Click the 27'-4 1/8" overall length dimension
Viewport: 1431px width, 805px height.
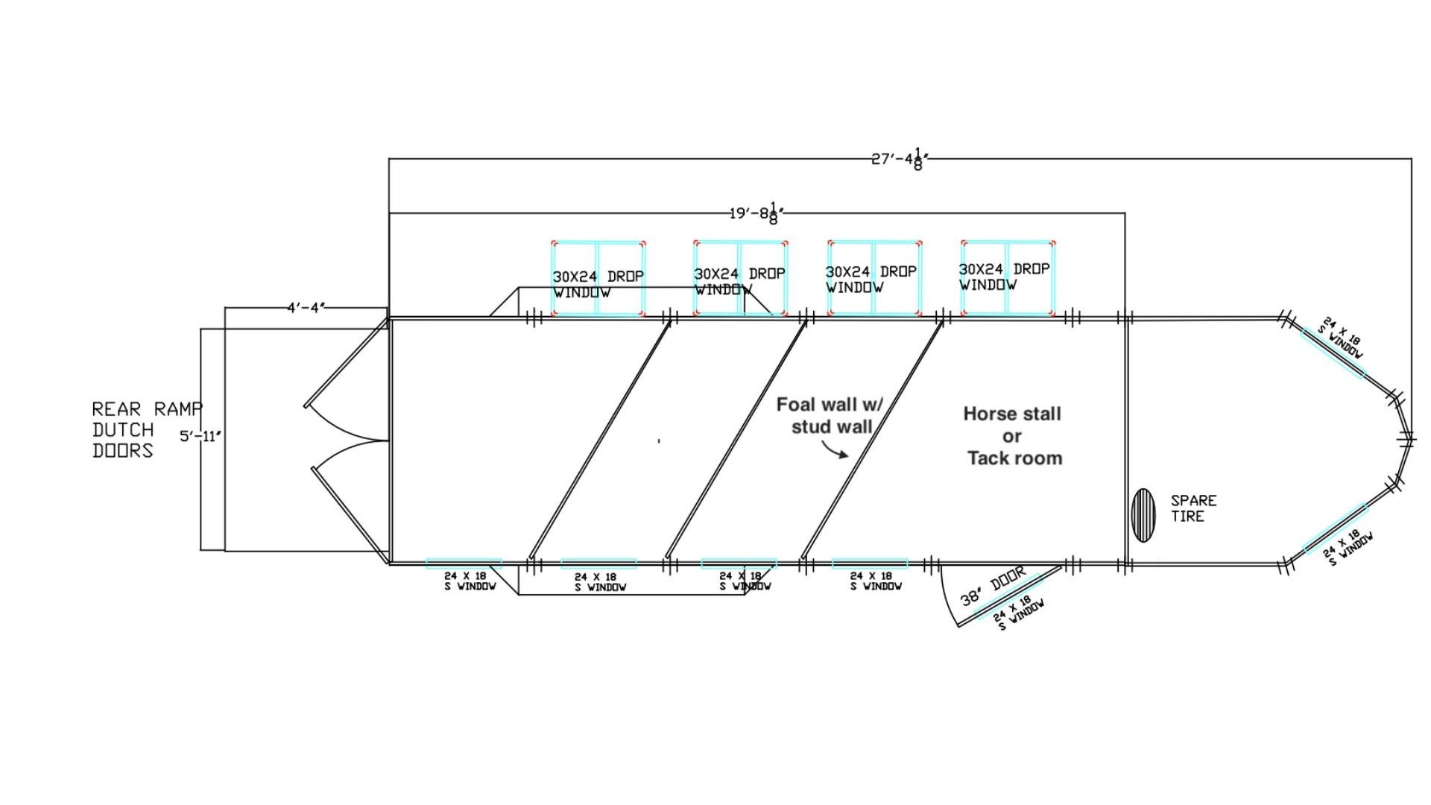(899, 160)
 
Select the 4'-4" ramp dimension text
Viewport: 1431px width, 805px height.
(306, 308)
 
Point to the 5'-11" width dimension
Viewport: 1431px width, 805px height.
(200, 436)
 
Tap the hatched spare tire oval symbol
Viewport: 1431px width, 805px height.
(1142, 515)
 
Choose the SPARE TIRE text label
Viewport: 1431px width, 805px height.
(1192, 508)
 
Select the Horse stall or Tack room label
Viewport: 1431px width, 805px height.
(1013, 436)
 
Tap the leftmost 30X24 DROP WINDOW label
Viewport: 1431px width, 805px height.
(598, 284)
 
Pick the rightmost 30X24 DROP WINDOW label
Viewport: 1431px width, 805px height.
(1003, 277)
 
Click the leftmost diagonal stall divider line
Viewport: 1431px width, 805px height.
(598, 441)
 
